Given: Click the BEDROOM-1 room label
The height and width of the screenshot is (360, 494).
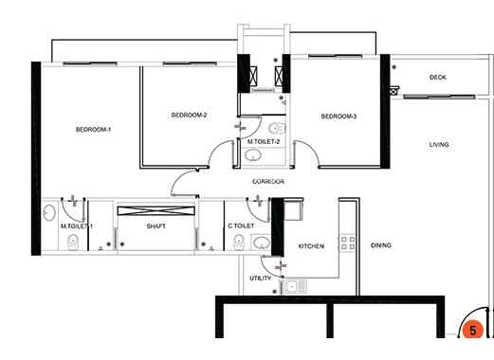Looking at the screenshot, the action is tap(93, 130).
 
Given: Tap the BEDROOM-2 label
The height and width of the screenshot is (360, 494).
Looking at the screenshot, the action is tap(189, 116).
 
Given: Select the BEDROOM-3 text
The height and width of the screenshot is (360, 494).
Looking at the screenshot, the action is tap(338, 117).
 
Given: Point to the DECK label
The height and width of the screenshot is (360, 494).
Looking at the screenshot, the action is tap(438, 78).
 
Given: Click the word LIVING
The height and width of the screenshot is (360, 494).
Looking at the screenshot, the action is tap(439, 145).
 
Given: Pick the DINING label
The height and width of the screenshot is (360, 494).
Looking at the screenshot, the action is tap(381, 245).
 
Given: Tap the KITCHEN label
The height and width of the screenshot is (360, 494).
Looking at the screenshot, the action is tap(311, 246).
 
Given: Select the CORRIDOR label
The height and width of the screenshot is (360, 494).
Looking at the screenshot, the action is tap(268, 182).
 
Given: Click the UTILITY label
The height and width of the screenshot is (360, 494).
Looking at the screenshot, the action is tap(261, 279).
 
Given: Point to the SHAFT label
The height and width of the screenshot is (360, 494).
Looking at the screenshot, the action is tap(156, 226).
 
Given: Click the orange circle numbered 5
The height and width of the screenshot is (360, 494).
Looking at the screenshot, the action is tap(473, 331).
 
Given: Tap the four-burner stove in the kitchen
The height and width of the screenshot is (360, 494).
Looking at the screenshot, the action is tap(348, 243).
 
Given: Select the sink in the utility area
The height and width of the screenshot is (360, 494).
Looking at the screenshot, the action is tap(295, 287).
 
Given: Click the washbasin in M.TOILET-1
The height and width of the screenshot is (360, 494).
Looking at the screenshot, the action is tap(48, 212).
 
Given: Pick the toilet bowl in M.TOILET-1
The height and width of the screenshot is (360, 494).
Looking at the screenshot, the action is tap(73, 243).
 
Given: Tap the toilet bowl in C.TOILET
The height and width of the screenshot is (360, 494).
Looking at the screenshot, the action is tap(239, 243).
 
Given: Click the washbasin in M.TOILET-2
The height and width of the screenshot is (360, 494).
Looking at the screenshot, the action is tap(253, 155).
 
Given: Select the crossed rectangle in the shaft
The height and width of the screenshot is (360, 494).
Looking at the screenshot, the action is tap(156, 210).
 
